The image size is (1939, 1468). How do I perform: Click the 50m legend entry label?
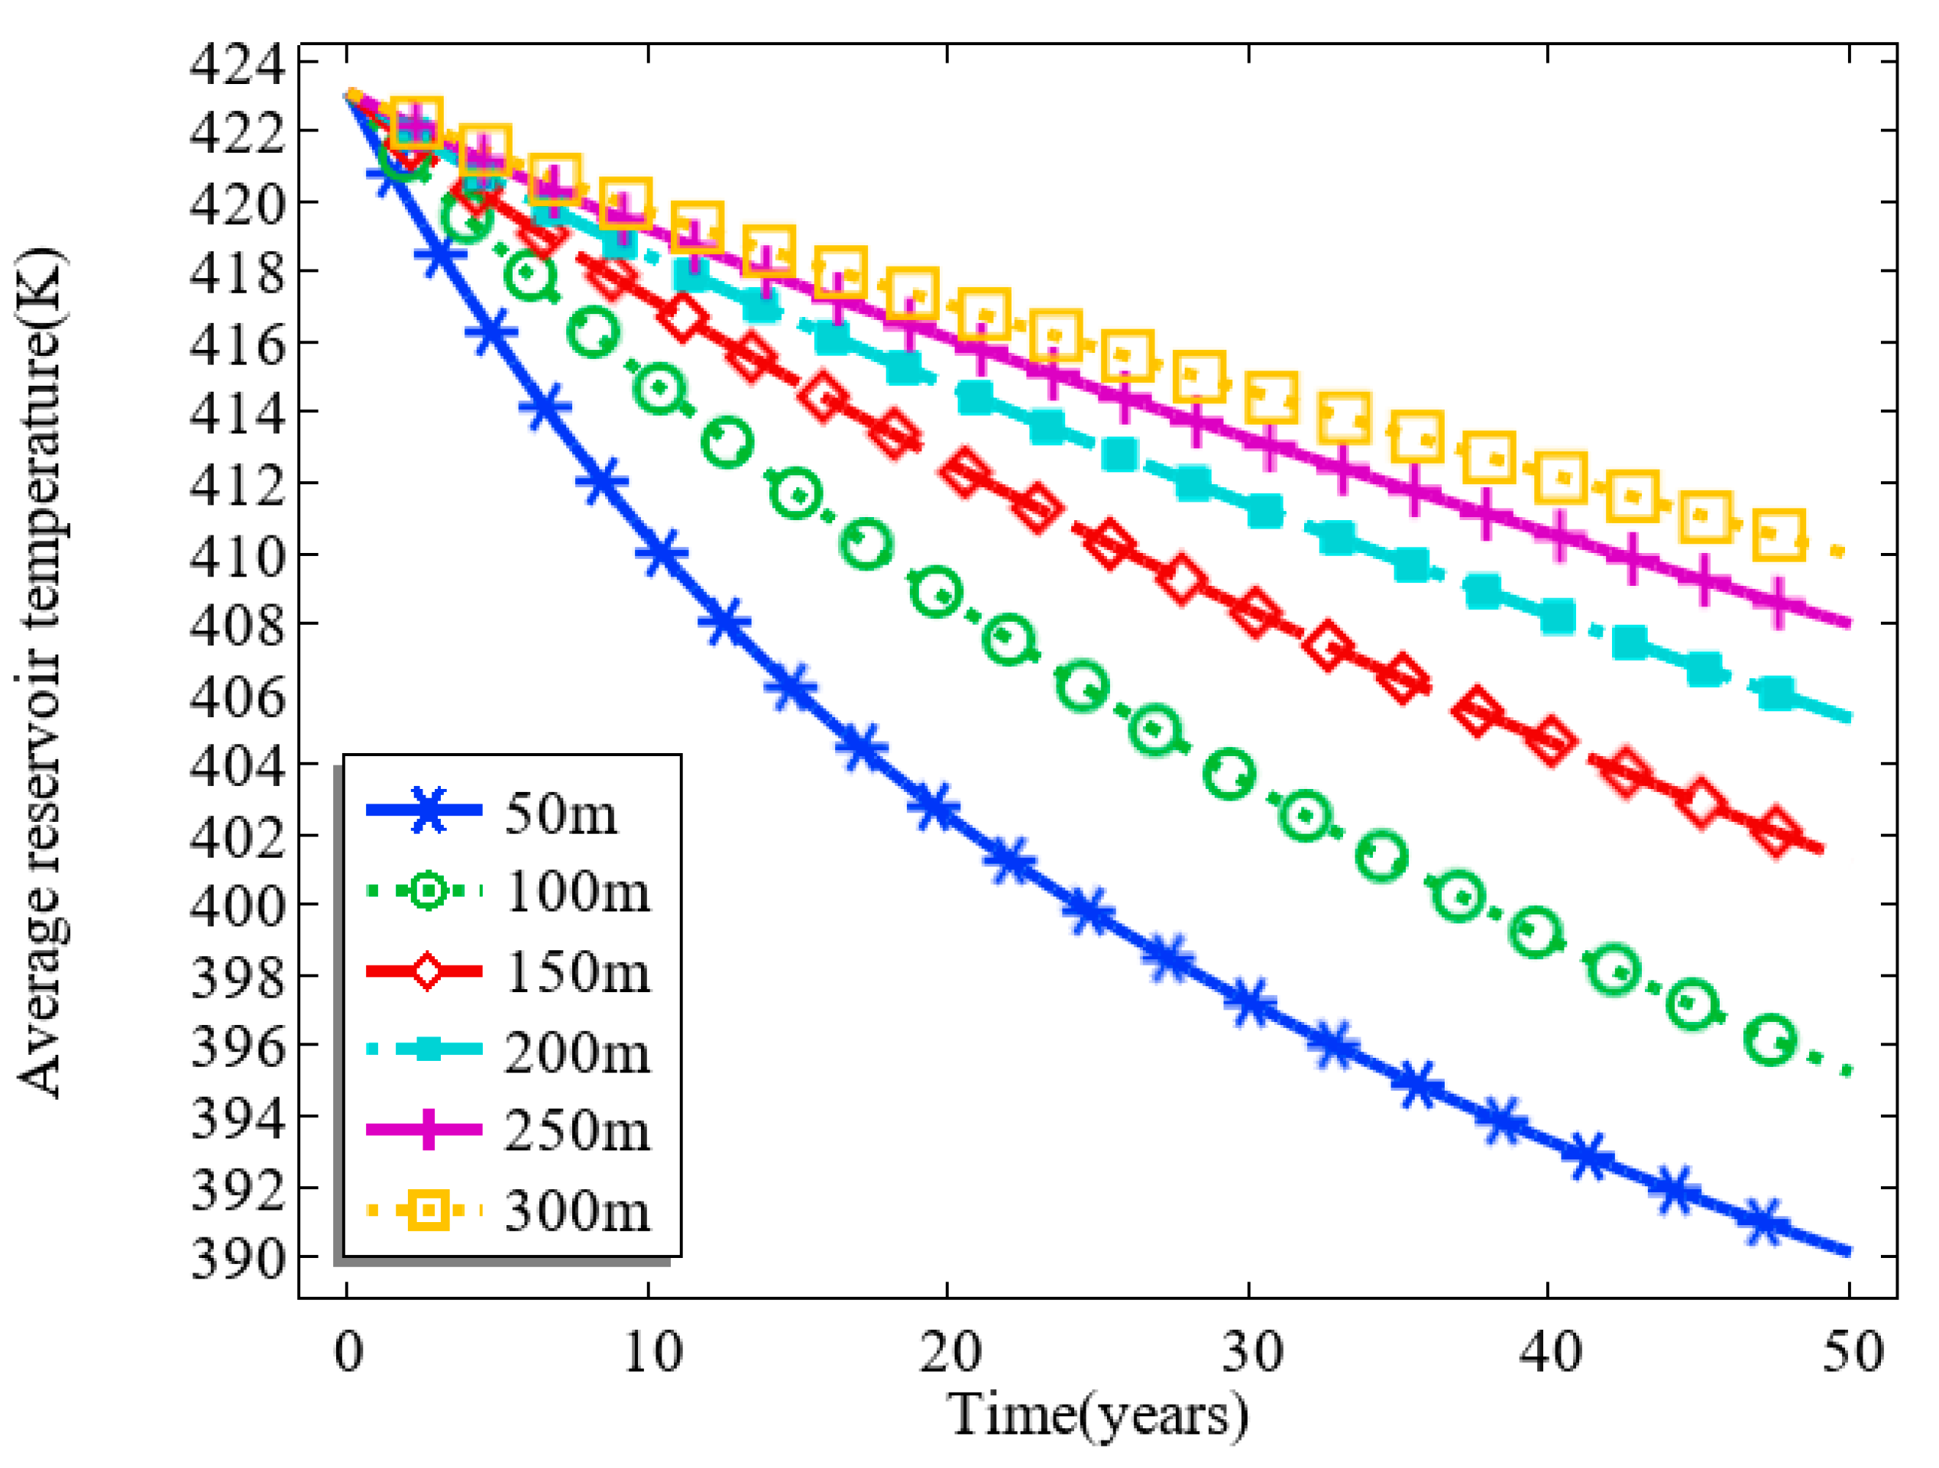coord(561,814)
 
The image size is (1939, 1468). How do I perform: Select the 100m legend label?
coord(578,893)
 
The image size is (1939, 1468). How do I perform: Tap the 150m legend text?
coord(578,973)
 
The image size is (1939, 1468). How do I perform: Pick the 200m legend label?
coord(578,1052)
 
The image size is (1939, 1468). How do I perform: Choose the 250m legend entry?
coord(578,1131)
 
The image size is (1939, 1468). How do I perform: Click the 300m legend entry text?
coord(578,1211)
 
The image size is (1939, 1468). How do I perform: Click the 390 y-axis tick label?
coord(238,1260)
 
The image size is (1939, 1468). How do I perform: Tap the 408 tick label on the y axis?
coord(238,626)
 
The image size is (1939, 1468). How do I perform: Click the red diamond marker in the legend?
coord(428,971)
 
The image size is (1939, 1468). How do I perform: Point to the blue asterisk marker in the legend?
coord(428,810)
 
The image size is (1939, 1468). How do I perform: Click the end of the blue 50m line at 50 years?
coord(1848,1253)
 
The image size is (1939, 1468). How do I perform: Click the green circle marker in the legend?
coord(428,891)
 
